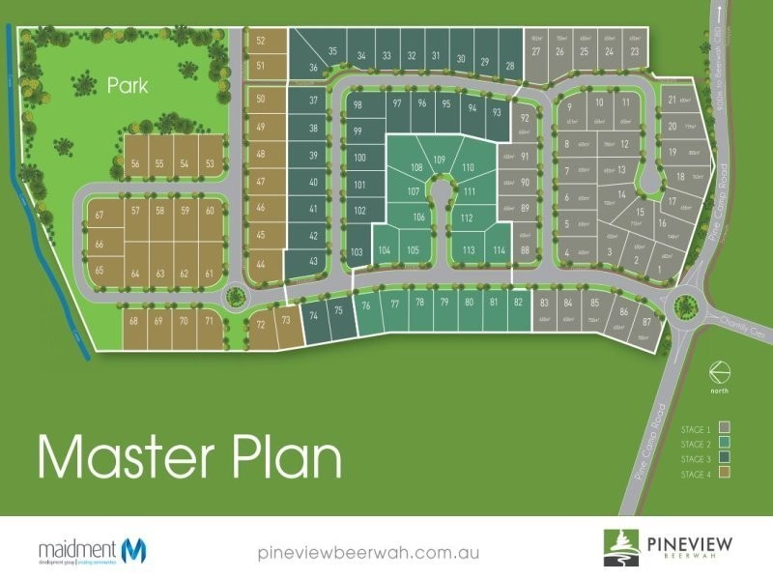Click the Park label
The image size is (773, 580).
coord(128,86)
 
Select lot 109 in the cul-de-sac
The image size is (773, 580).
coord(439,159)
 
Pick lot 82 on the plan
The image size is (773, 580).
coord(518,303)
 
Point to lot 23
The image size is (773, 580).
coord(634,51)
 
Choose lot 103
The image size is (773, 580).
coord(356,252)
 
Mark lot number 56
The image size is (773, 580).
coord(135,164)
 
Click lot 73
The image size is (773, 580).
coord(285,320)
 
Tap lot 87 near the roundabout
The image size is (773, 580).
coord(646,321)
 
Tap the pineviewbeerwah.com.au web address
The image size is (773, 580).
coord(370,553)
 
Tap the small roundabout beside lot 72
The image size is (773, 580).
coord(234,298)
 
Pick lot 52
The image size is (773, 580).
coord(261,41)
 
